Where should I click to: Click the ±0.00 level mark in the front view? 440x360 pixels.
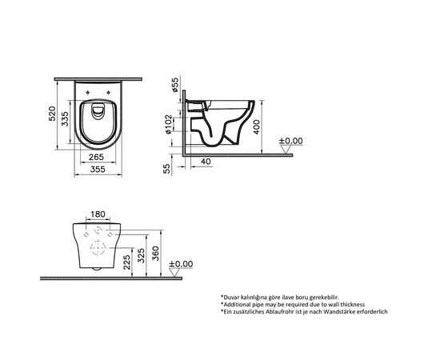183,263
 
